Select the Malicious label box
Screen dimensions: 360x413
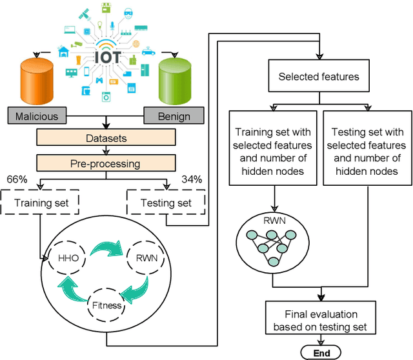click(x=37, y=117)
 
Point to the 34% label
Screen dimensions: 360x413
click(x=193, y=178)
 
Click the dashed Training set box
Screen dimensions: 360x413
click(x=40, y=203)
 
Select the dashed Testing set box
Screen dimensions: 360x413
click(x=166, y=203)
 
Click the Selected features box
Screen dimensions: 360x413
click(x=319, y=77)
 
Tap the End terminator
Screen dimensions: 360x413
click(x=321, y=352)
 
